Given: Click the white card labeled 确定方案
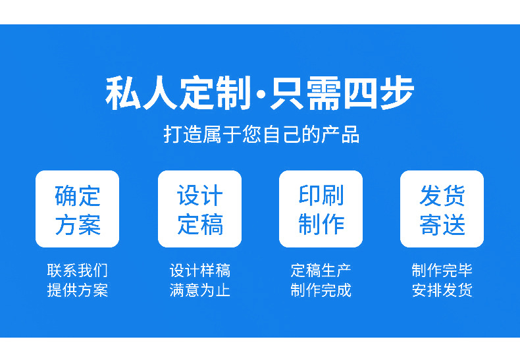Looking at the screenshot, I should click(77, 209).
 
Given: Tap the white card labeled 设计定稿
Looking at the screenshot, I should click(199, 209).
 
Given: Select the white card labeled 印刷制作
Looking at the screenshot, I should click(321, 209).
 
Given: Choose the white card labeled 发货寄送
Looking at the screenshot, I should click(442, 209).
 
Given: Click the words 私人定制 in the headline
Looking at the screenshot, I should click(178, 94).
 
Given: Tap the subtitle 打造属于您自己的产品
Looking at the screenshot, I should click(261, 134).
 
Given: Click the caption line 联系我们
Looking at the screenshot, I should click(77, 270).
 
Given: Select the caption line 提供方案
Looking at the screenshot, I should click(77, 290).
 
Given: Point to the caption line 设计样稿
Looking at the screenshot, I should click(199, 270).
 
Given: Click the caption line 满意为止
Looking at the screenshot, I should click(199, 290).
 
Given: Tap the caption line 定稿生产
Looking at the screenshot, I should click(321, 270).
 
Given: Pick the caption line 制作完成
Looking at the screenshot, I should click(321, 290).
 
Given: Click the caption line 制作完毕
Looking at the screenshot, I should click(442, 270).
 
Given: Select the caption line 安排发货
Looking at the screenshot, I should click(442, 290).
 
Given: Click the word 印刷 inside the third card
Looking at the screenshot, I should click(321, 195).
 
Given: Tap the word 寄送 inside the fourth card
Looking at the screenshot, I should click(442, 224).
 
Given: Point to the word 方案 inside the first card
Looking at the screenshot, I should click(77, 224).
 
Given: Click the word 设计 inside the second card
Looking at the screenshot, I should click(199, 195).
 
